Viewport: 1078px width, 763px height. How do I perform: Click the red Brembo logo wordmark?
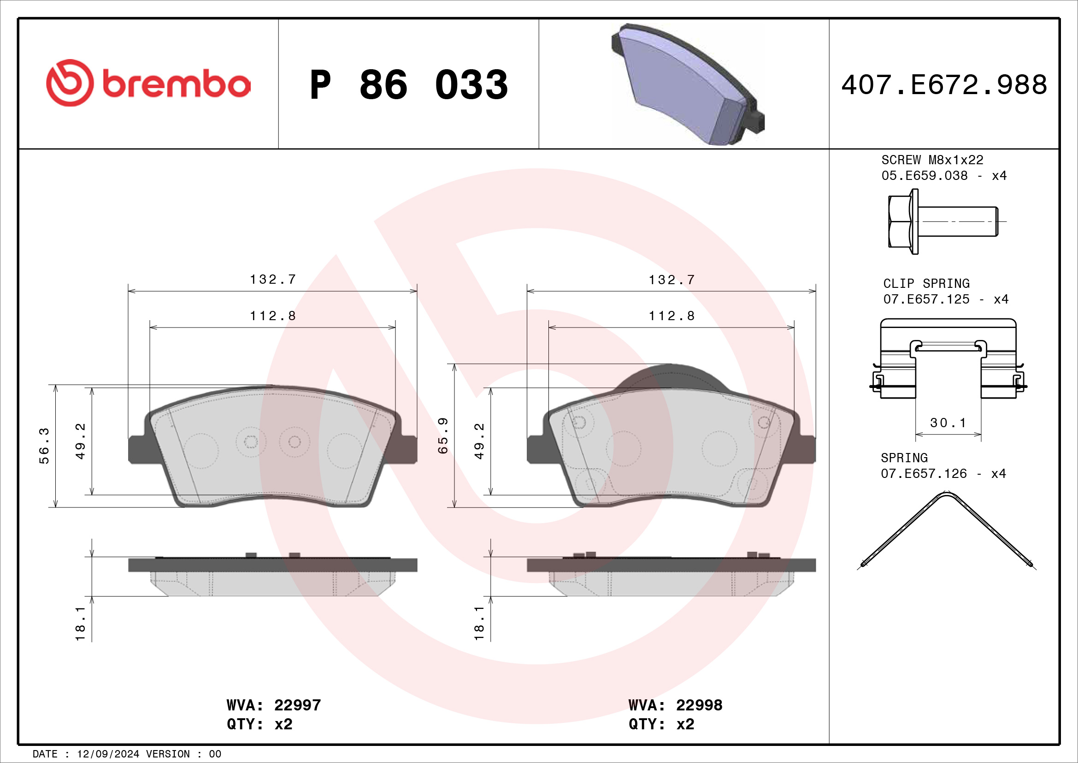pyautogui.click(x=177, y=84)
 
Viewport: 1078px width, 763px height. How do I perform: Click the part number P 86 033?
pyautogui.click(x=408, y=85)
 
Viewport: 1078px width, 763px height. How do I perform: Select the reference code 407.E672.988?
pyautogui.click(x=944, y=85)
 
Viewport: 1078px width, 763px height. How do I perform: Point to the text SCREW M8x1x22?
pyautogui.click(x=932, y=160)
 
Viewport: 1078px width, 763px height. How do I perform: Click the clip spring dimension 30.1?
pyautogui.click(x=948, y=423)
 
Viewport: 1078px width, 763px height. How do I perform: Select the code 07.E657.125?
pyautogui.click(x=926, y=299)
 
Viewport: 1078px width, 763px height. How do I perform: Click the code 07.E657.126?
pyautogui.click(x=924, y=474)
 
